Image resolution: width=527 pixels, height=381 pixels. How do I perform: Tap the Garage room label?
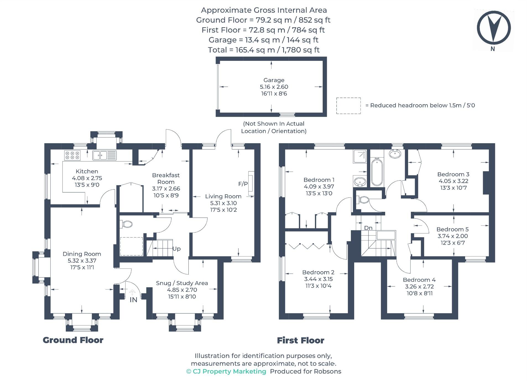coord(274,80)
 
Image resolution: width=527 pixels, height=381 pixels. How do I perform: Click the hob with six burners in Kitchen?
coord(72,155)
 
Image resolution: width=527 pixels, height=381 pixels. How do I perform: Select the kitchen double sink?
coord(104,155)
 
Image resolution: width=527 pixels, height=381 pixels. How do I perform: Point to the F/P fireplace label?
coord(243,184)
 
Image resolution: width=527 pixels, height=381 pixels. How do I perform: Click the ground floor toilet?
coord(126,224)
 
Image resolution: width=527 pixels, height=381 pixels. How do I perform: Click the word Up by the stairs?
coord(176,249)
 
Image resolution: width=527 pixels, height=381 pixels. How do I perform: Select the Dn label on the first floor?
coord(368,228)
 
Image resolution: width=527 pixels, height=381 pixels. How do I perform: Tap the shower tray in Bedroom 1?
coord(360,157)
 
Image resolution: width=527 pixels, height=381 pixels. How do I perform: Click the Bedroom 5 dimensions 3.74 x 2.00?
coord(452,236)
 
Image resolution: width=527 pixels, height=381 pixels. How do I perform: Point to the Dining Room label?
coord(82,254)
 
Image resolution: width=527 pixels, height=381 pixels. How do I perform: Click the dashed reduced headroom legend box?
coord(348,106)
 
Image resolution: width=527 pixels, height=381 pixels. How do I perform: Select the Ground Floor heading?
coord(73,340)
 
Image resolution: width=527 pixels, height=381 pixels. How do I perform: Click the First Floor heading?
coord(301,340)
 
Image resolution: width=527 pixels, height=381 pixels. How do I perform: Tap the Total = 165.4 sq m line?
coord(263,50)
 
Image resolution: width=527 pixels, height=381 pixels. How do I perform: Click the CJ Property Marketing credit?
coord(226,371)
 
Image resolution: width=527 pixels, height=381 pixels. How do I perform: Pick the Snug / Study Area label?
coord(182,283)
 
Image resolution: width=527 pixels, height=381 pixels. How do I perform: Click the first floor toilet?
coord(363,199)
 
